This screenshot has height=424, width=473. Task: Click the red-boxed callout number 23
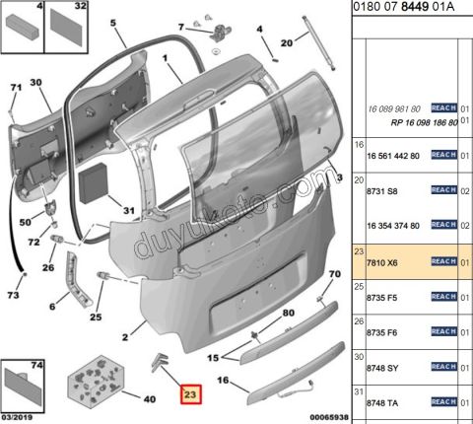click(x=190, y=394)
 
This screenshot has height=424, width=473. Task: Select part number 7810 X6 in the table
click(x=382, y=263)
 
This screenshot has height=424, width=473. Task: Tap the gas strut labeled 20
click(x=318, y=42)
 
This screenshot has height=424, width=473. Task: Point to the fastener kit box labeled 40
click(x=96, y=379)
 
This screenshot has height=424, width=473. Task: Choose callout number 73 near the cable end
click(x=13, y=295)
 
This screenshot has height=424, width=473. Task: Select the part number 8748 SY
click(x=382, y=368)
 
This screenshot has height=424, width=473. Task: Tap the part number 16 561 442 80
click(x=393, y=156)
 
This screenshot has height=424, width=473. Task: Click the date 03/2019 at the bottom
click(x=17, y=417)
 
